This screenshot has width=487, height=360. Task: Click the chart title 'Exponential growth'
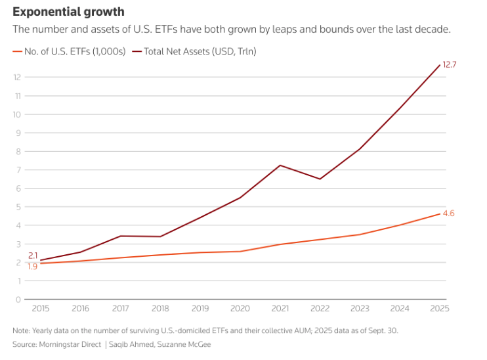(x=68, y=12)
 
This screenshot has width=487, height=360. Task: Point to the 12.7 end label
(x=449, y=64)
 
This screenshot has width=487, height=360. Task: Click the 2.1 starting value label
(x=33, y=256)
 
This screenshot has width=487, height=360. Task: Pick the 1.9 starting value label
(x=32, y=266)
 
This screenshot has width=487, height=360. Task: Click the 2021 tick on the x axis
(x=280, y=307)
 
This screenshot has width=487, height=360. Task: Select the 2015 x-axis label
(x=41, y=307)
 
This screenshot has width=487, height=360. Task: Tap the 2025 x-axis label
(x=440, y=307)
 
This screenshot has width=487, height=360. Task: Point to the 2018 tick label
(x=160, y=307)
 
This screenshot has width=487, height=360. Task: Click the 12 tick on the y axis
(x=18, y=78)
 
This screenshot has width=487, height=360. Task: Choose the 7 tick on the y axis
(x=19, y=170)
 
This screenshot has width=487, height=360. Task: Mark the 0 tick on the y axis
(x=19, y=299)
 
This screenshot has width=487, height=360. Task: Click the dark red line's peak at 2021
(x=280, y=165)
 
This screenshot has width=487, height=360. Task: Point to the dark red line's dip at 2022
(x=320, y=179)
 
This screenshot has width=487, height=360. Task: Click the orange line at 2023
(x=360, y=235)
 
